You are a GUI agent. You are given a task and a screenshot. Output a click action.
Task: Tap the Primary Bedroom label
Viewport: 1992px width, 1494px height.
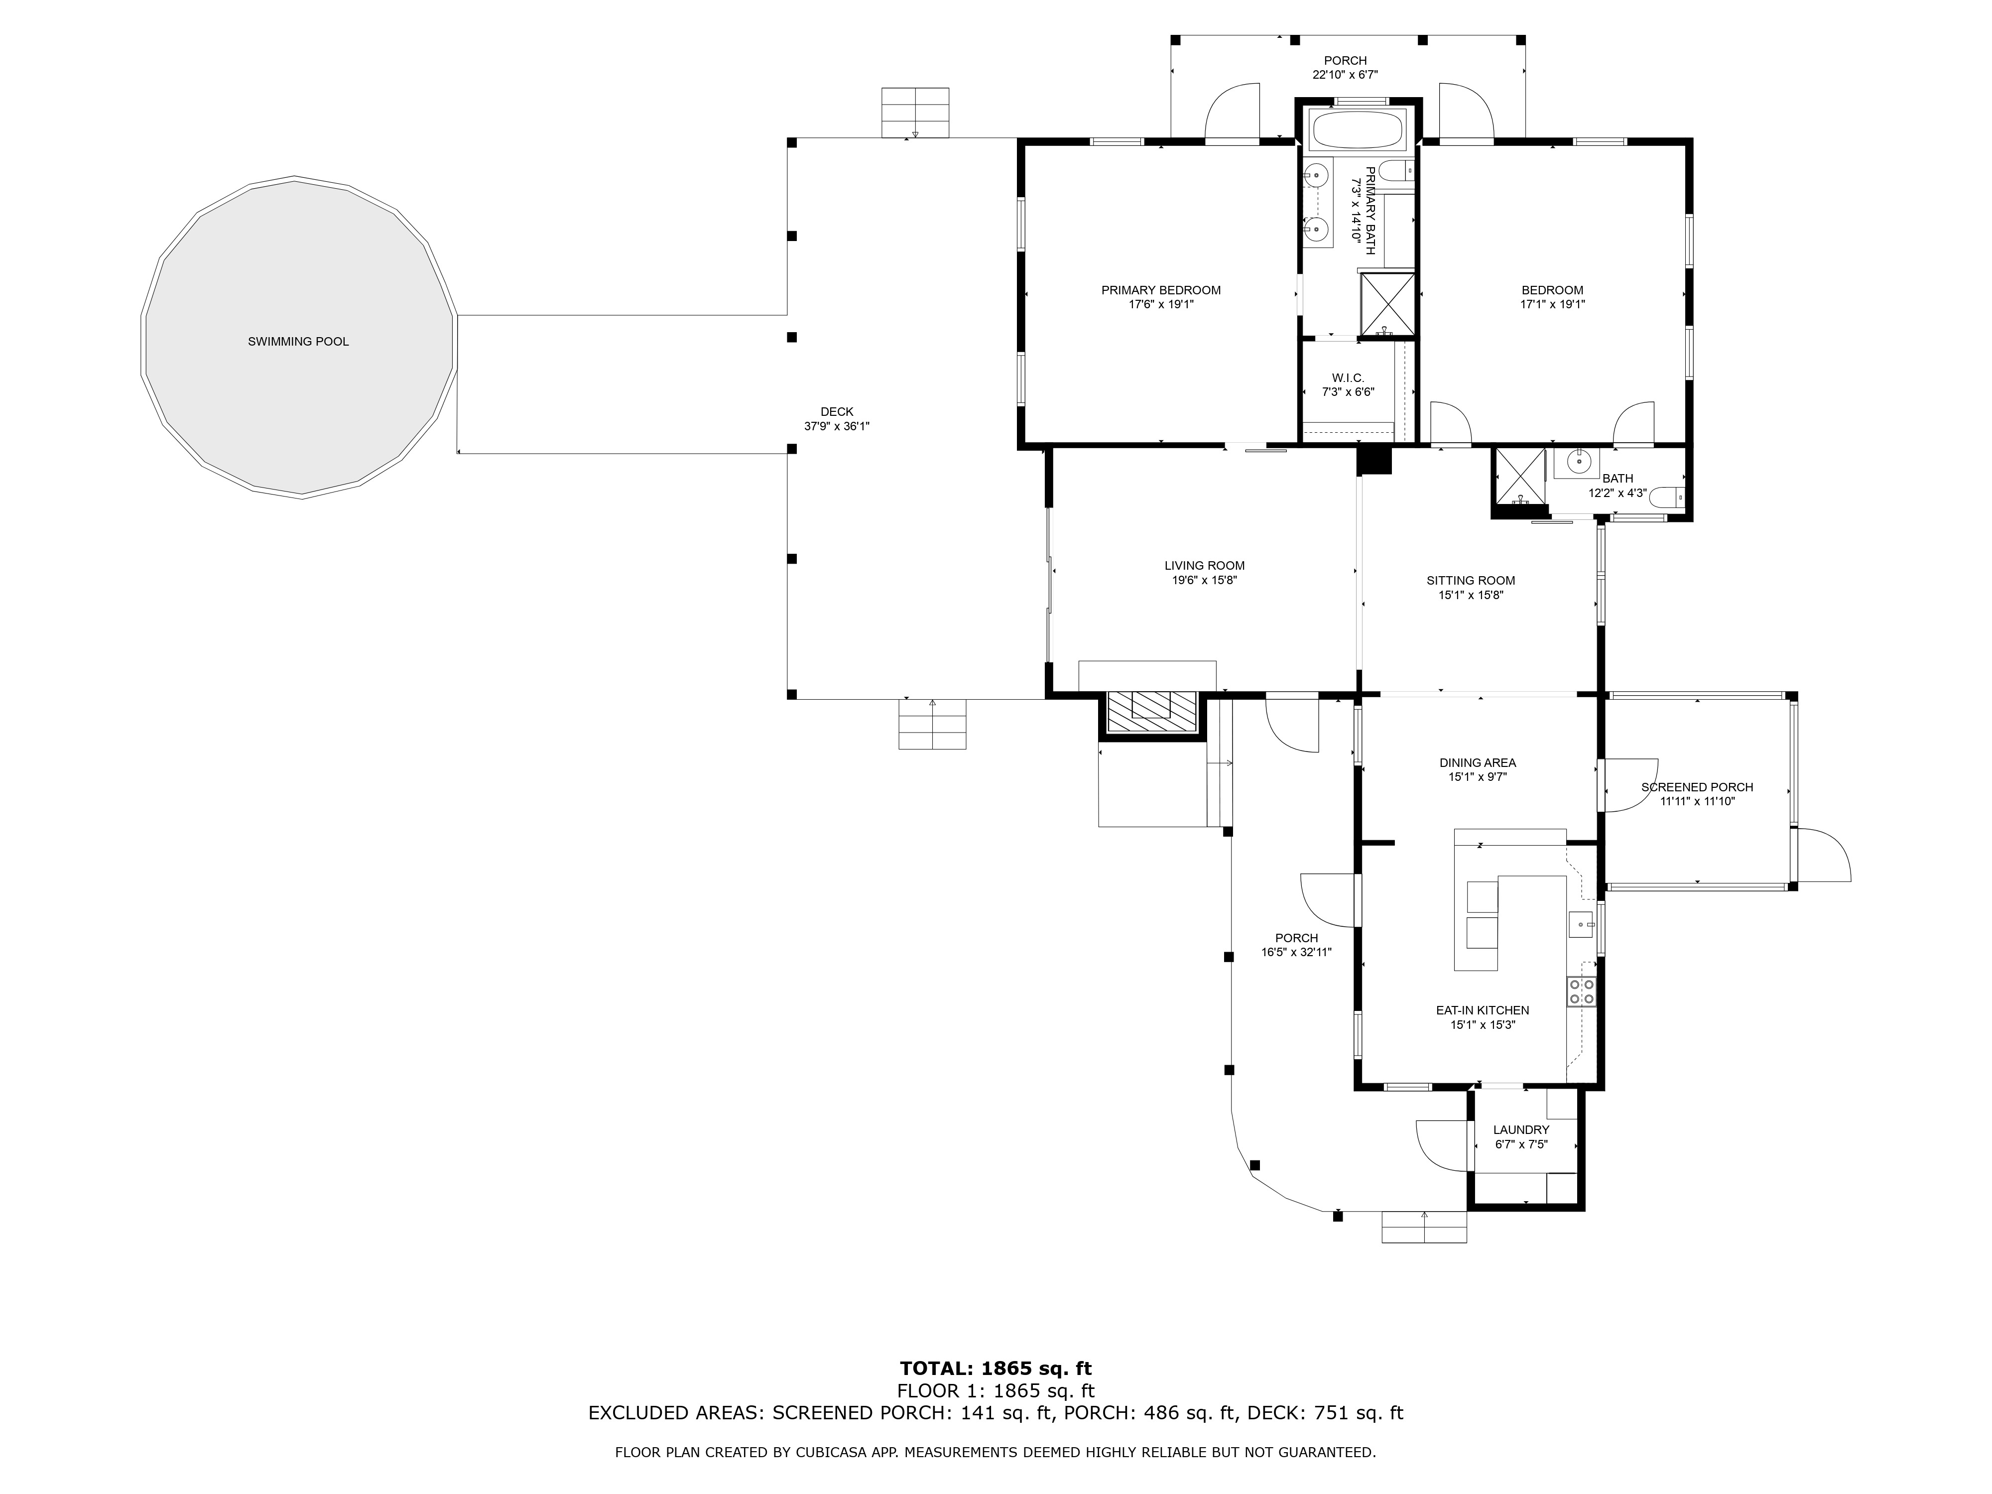point(1161,290)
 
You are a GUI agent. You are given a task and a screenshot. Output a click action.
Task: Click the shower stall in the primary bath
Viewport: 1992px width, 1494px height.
point(1387,303)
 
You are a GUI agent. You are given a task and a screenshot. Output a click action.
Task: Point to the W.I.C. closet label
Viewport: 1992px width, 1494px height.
point(1348,377)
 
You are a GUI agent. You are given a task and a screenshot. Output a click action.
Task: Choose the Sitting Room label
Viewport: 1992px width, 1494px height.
point(1471,581)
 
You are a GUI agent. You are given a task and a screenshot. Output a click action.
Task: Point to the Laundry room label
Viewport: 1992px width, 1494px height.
point(1521,1130)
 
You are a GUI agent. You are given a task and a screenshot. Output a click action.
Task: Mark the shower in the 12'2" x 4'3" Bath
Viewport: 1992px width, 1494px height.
point(1520,477)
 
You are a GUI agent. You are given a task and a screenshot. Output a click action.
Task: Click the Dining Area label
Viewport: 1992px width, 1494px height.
point(1477,763)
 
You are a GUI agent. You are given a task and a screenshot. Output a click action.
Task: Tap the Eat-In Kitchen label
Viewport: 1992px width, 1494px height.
point(1482,1010)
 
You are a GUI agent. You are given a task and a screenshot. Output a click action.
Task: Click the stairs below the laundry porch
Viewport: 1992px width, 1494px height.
point(1424,1228)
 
